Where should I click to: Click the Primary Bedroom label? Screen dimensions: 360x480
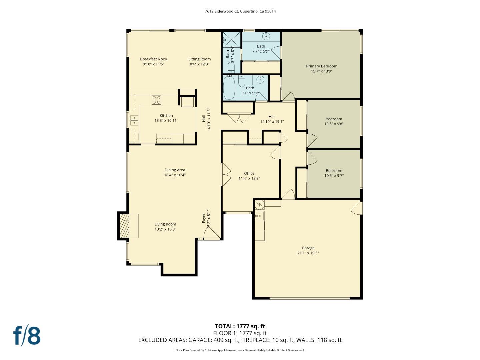click(x=321, y=66)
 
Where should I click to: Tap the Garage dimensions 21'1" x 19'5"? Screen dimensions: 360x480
click(x=308, y=253)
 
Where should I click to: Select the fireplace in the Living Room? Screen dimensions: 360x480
click(x=126, y=226)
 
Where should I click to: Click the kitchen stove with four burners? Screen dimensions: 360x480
click(x=156, y=100)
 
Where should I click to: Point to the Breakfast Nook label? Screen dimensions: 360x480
click(x=153, y=59)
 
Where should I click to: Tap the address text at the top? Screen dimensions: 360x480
click(x=240, y=11)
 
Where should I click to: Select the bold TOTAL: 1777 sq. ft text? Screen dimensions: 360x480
click(x=240, y=326)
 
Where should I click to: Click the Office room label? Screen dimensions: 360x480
click(x=249, y=173)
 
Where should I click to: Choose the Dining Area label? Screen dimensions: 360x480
click(x=175, y=170)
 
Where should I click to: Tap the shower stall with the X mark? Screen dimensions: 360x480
click(x=232, y=39)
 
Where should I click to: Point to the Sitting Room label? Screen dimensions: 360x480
click(x=199, y=59)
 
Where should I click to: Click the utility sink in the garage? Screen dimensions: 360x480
click(x=259, y=216)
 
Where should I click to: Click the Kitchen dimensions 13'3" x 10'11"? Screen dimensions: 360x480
click(x=166, y=121)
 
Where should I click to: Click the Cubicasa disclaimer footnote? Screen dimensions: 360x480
click(x=240, y=350)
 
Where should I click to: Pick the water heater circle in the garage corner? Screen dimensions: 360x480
click(x=259, y=203)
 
